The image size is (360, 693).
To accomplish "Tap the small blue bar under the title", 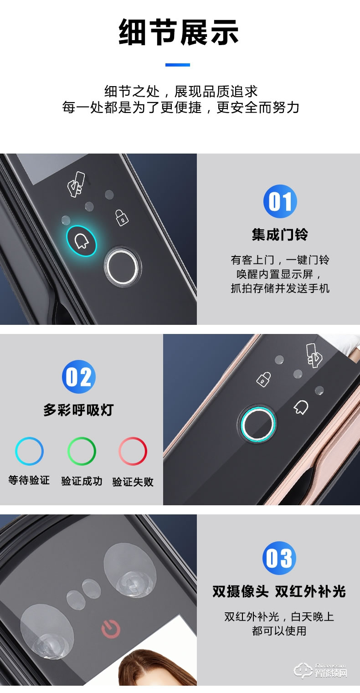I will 177,65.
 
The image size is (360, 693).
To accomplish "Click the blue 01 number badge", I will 280,201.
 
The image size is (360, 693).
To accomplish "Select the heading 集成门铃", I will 280,235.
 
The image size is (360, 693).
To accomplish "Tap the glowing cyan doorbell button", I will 82,241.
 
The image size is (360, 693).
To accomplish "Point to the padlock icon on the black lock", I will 121,217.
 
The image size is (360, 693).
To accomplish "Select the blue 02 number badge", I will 79,377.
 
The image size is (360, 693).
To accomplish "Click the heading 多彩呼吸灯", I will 78,410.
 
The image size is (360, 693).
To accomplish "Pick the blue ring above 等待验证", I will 29,451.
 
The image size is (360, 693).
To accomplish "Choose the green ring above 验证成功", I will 82,451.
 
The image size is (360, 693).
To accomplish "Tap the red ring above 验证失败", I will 133,451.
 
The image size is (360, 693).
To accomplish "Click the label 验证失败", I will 133,482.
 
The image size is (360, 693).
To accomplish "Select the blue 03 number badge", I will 279,558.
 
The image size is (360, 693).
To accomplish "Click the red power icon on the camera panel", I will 111,630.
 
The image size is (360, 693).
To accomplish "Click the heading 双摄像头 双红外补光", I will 279,591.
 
